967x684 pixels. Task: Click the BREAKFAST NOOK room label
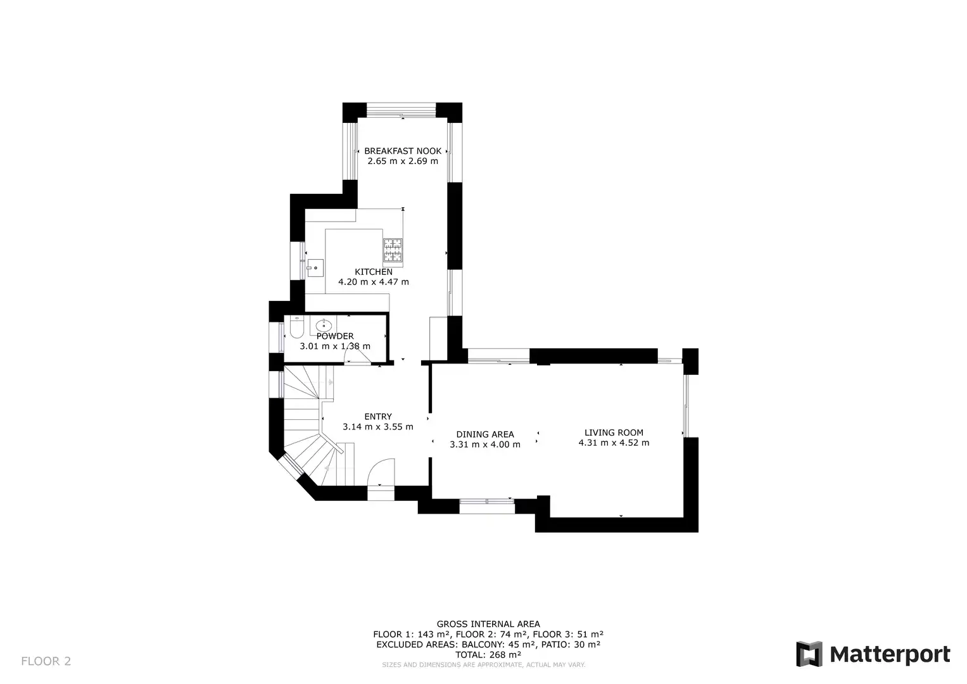click(x=403, y=151)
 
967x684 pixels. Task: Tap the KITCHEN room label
click(x=374, y=272)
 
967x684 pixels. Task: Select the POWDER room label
click(x=335, y=336)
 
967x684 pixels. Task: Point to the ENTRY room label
click(x=378, y=417)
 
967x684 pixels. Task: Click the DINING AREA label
click(x=485, y=434)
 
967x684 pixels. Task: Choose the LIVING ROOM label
click(x=614, y=433)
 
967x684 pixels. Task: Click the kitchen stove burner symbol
click(x=393, y=250)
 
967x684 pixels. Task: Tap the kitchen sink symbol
click(x=315, y=268)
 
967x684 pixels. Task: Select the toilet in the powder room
click(x=296, y=327)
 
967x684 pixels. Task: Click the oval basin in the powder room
click(x=324, y=326)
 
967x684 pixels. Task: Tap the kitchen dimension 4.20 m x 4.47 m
click(x=374, y=282)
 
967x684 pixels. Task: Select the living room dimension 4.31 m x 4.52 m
click(x=614, y=443)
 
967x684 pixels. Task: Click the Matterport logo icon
click(x=809, y=654)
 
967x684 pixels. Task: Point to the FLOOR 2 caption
click(x=46, y=661)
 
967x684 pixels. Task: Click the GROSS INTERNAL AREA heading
click(x=488, y=624)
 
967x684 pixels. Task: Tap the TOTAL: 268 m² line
click(x=488, y=655)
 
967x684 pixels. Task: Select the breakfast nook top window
click(x=401, y=110)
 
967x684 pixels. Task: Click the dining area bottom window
click(x=487, y=505)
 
